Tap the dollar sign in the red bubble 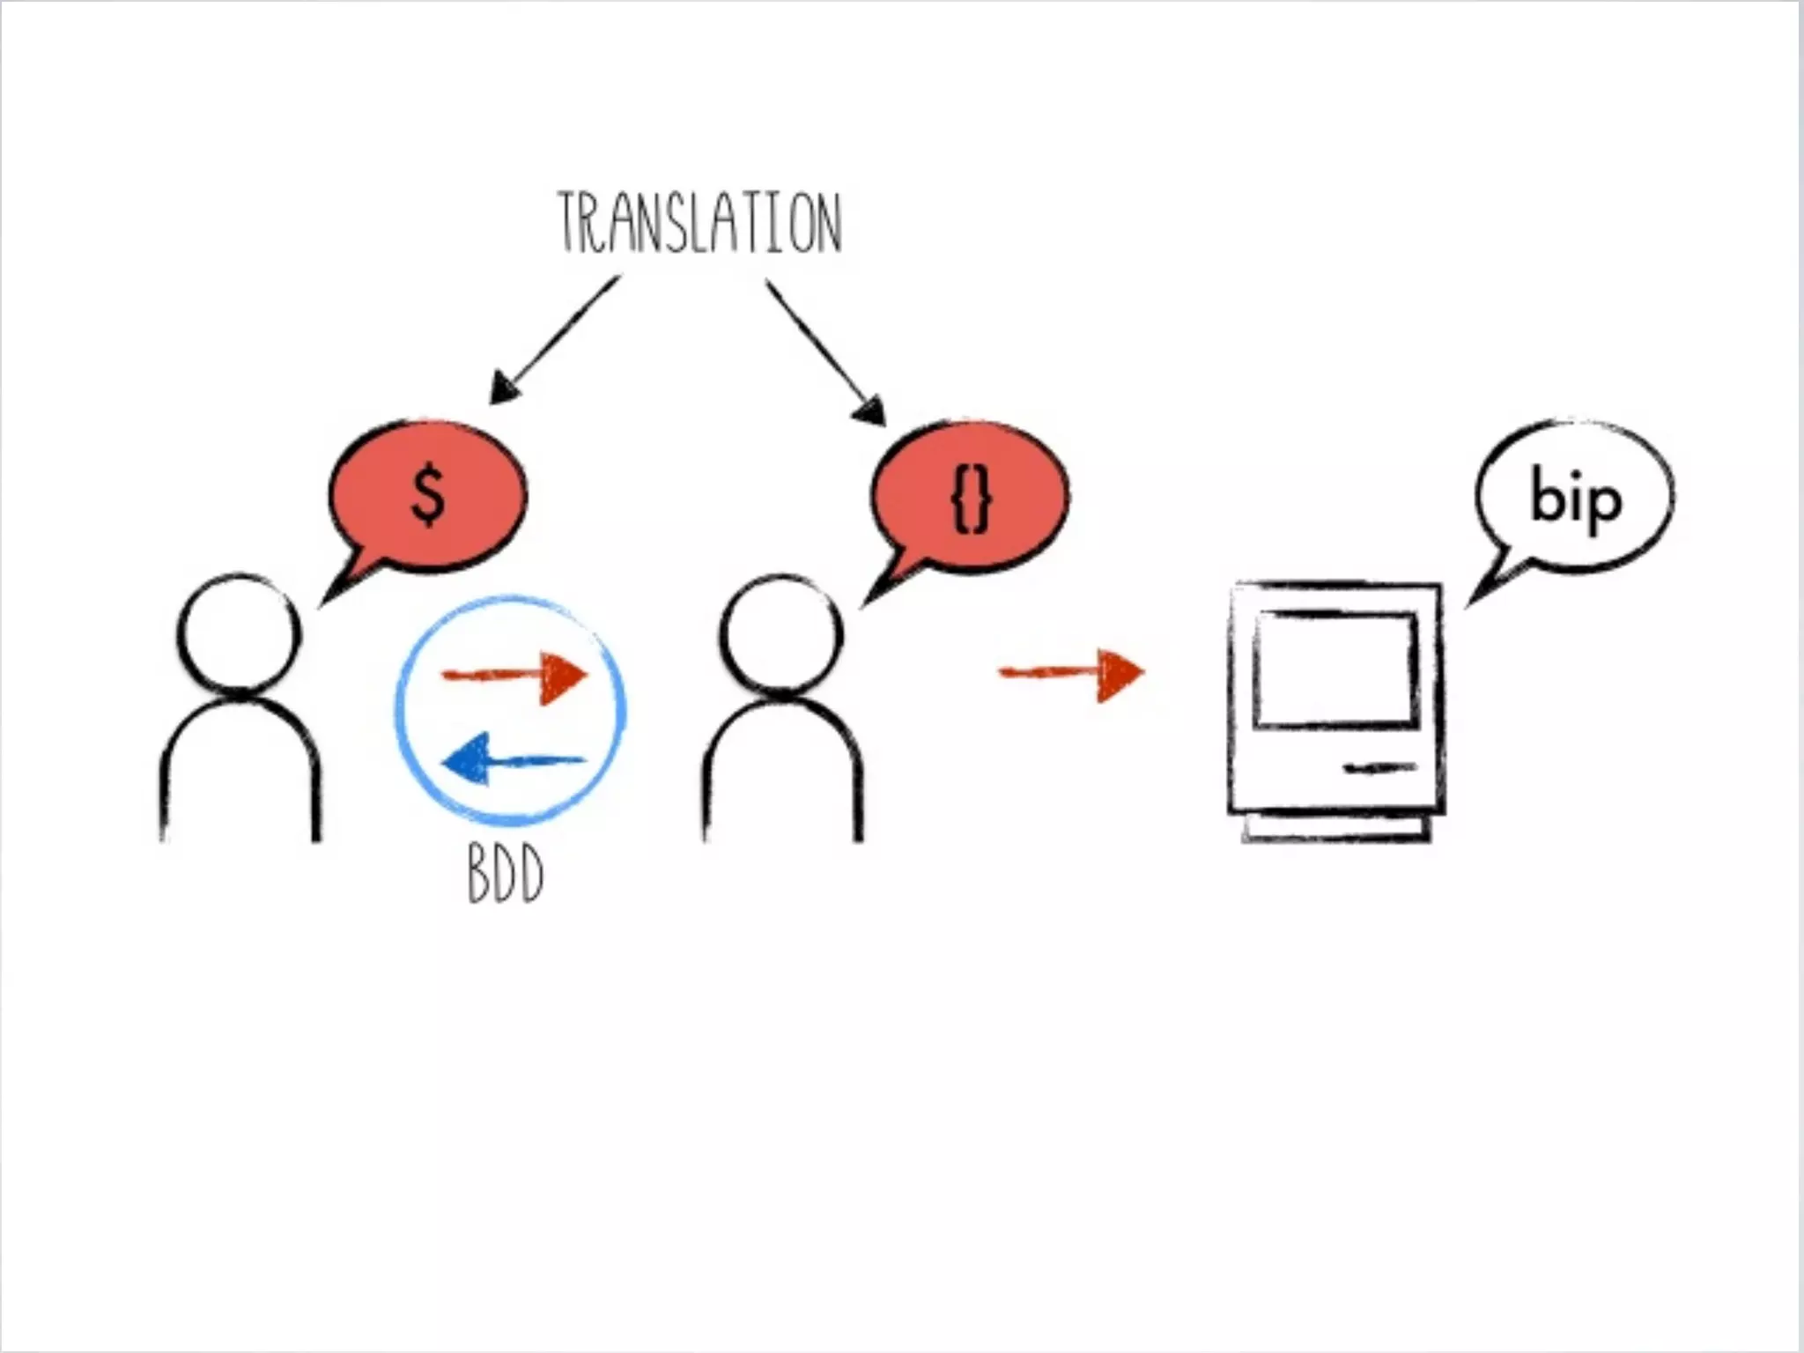pyautogui.click(x=428, y=497)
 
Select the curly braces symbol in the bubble pyautogui.click(x=972, y=499)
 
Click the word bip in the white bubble pyautogui.click(x=1576, y=499)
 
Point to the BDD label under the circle pyautogui.click(x=505, y=874)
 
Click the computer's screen pyautogui.click(x=1335, y=669)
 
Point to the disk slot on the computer pyautogui.click(x=1379, y=769)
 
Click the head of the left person pyautogui.click(x=240, y=632)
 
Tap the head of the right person pyautogui.click(x=781, y=632)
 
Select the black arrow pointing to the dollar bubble pyautogui.click(x=555, y=339)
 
